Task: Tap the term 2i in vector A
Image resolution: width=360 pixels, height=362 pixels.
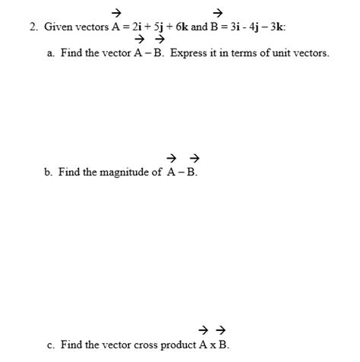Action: [137, 27]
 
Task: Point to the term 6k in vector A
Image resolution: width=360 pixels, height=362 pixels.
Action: [179, 27]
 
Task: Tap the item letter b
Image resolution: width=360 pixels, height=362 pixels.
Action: [48, 172]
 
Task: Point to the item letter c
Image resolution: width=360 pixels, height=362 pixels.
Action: [49, 345]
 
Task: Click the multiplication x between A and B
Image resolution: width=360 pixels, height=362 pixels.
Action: [213, 345]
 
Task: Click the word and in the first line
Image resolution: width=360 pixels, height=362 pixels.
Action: [198, 27]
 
